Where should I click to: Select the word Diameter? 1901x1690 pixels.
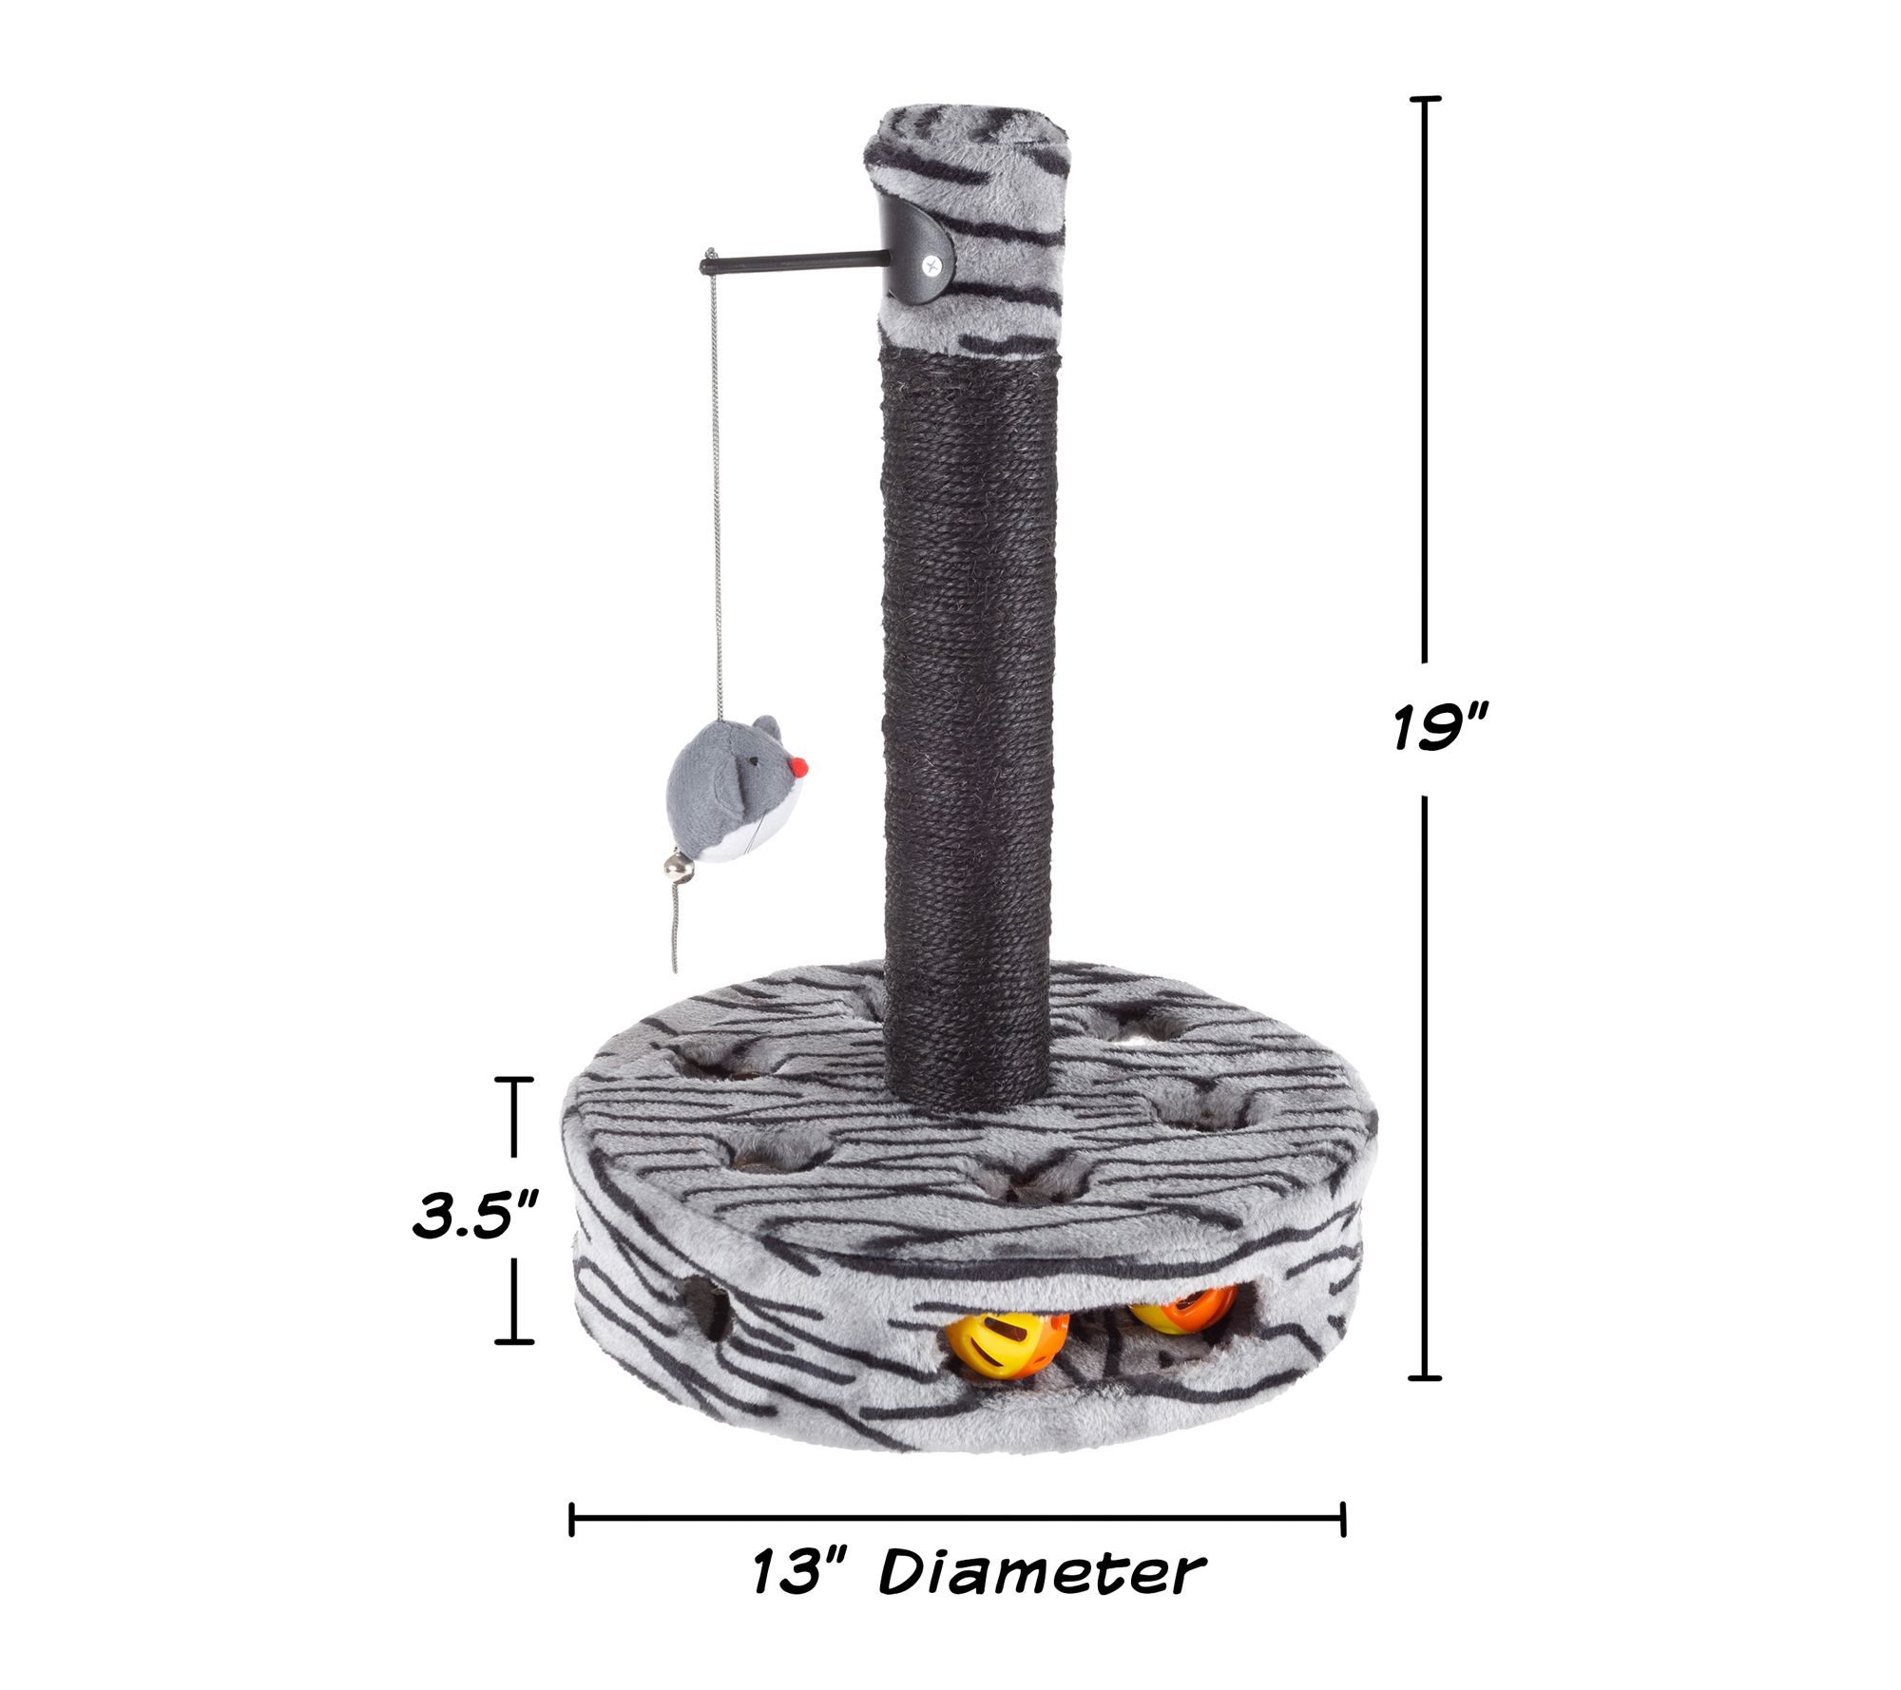point(1042,1572)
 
